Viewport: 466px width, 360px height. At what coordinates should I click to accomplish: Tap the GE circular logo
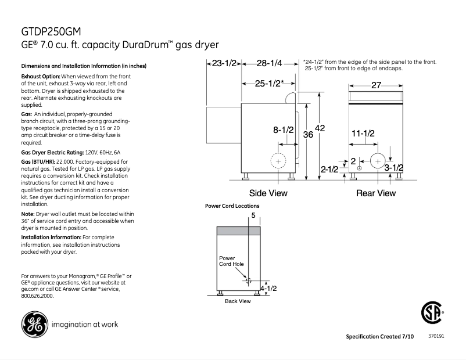[x=33, y=324]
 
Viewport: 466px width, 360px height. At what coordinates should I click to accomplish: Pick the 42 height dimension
[x=320, y=128]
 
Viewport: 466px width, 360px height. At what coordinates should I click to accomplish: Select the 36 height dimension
[x=308, y=135]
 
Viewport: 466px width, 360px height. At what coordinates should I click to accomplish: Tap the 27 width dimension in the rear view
[x=376, y=86]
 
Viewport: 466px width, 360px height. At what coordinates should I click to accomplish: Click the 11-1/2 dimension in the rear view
[x=363, y=134]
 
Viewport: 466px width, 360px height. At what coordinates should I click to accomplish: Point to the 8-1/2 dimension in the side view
[x=284, y=130]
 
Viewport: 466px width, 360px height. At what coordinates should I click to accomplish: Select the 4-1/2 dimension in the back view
[x=268, y=288]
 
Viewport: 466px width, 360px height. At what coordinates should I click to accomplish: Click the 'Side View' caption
[x=268, y=193]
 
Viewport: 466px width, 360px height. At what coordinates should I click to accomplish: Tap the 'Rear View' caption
[x=375, y=193]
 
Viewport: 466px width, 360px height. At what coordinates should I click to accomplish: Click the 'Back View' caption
[x=238, y=301]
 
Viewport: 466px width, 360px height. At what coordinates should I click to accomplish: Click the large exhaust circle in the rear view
[x=378, y=161]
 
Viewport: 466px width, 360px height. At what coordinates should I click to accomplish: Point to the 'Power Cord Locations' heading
[x=232, y=206]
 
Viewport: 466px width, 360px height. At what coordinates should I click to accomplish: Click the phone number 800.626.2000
[x=37, y=296]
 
